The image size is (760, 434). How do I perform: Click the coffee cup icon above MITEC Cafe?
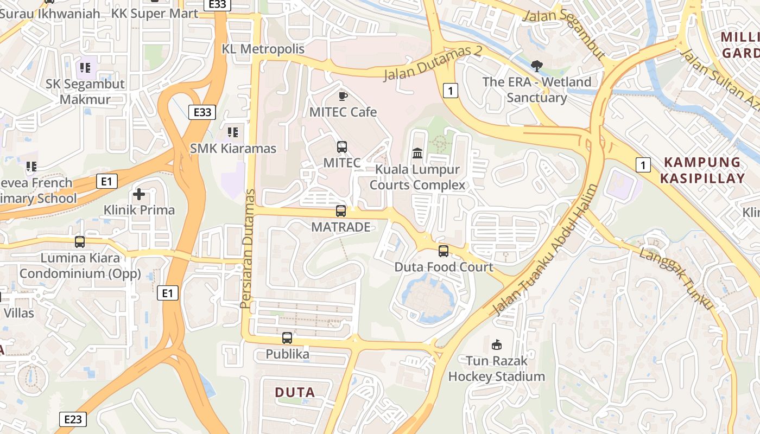[x=343, y=96]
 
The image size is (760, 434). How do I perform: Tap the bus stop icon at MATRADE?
[x=341, y=211]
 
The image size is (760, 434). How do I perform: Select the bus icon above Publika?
[x=287, y=338]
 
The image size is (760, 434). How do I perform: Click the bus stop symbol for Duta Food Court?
[x=444, y=251]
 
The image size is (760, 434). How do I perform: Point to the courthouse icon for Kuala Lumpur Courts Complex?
[x=417, y=153]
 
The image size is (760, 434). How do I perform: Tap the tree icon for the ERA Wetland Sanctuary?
[x=537, y=66]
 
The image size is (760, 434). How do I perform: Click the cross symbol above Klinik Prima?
[x=139, y=194]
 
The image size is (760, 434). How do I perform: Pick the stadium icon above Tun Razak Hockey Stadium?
[x=496, y=344]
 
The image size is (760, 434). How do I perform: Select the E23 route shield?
[x=72, y=419]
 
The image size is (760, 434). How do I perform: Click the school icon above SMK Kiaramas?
[x=233, y=132]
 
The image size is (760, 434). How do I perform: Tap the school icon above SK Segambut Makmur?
[x=85, y=68]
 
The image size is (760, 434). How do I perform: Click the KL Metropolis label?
[x=263, y=49]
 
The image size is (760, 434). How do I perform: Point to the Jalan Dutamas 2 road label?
[x=433, y=63]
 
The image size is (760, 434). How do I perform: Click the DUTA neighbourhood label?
[x=295, y=392]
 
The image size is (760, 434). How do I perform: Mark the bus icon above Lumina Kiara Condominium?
[x=80, y=242]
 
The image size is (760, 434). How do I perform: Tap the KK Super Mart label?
[x=155, y=14]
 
